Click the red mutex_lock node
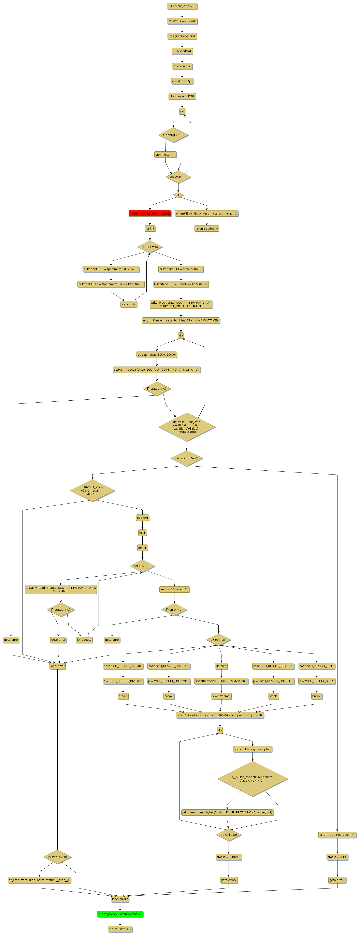150,213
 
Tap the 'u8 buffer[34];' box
182,51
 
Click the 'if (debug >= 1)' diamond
173,135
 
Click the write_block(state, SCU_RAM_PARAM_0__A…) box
181,304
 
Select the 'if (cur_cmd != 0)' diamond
186,458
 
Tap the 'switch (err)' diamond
218,639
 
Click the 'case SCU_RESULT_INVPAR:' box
123,666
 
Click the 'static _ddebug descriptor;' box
253,749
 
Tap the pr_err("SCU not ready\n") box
337,835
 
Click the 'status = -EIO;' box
337,857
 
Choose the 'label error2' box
120,899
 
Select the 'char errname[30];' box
182,96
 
